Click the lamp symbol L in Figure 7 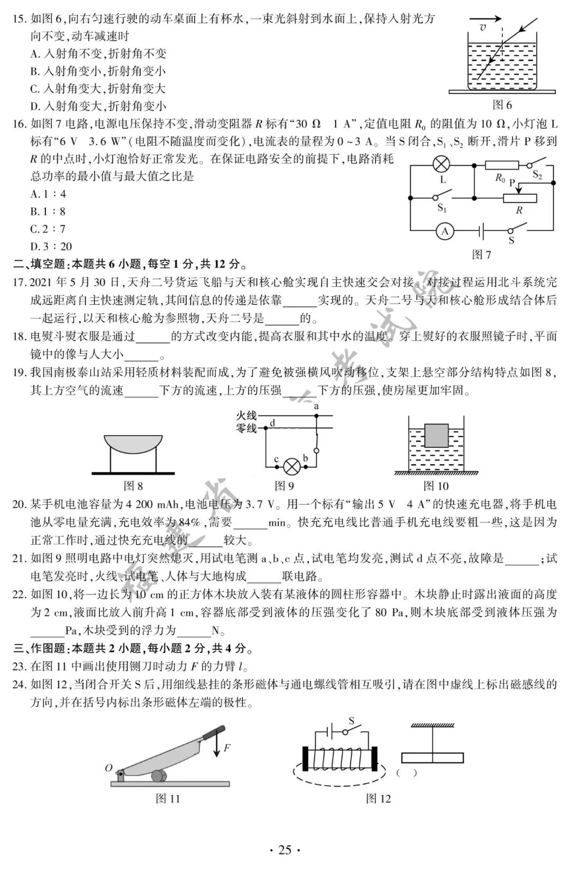pos(441,164)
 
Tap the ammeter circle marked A pos(445,231)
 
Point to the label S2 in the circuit pos(537,175)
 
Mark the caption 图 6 pos(502,105)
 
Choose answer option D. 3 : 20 pos(51,246)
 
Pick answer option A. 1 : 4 pos(48,194)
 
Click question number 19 pos(19,373)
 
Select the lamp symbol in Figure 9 pos(291,466)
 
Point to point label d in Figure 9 pos(272,423)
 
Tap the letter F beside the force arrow pos(227,748)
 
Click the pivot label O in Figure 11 pos(108,768)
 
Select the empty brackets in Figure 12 pos(406,772)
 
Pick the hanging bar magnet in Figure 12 pos(432,758)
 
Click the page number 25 pos(284,849)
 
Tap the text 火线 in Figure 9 pos(246,416)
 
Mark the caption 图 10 pos(436,486)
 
